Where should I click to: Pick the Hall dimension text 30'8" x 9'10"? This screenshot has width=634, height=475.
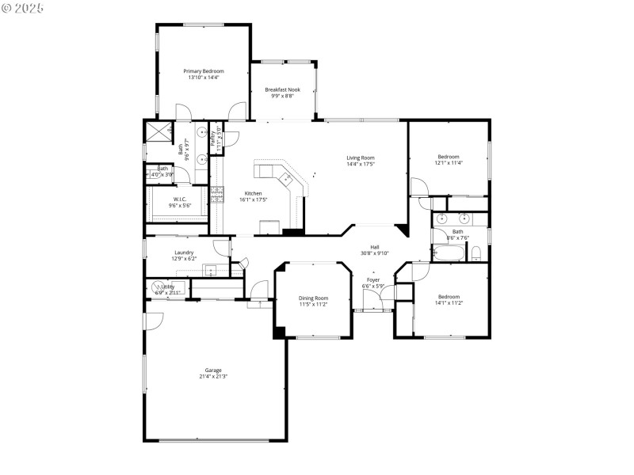[374, 253]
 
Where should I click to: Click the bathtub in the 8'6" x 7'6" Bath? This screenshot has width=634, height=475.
[448, 253]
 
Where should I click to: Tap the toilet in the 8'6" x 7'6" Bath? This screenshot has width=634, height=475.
[475, 253]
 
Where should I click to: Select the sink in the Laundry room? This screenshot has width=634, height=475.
[211, 270]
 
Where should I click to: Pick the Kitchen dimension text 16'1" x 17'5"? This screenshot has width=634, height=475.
[253, 199]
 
